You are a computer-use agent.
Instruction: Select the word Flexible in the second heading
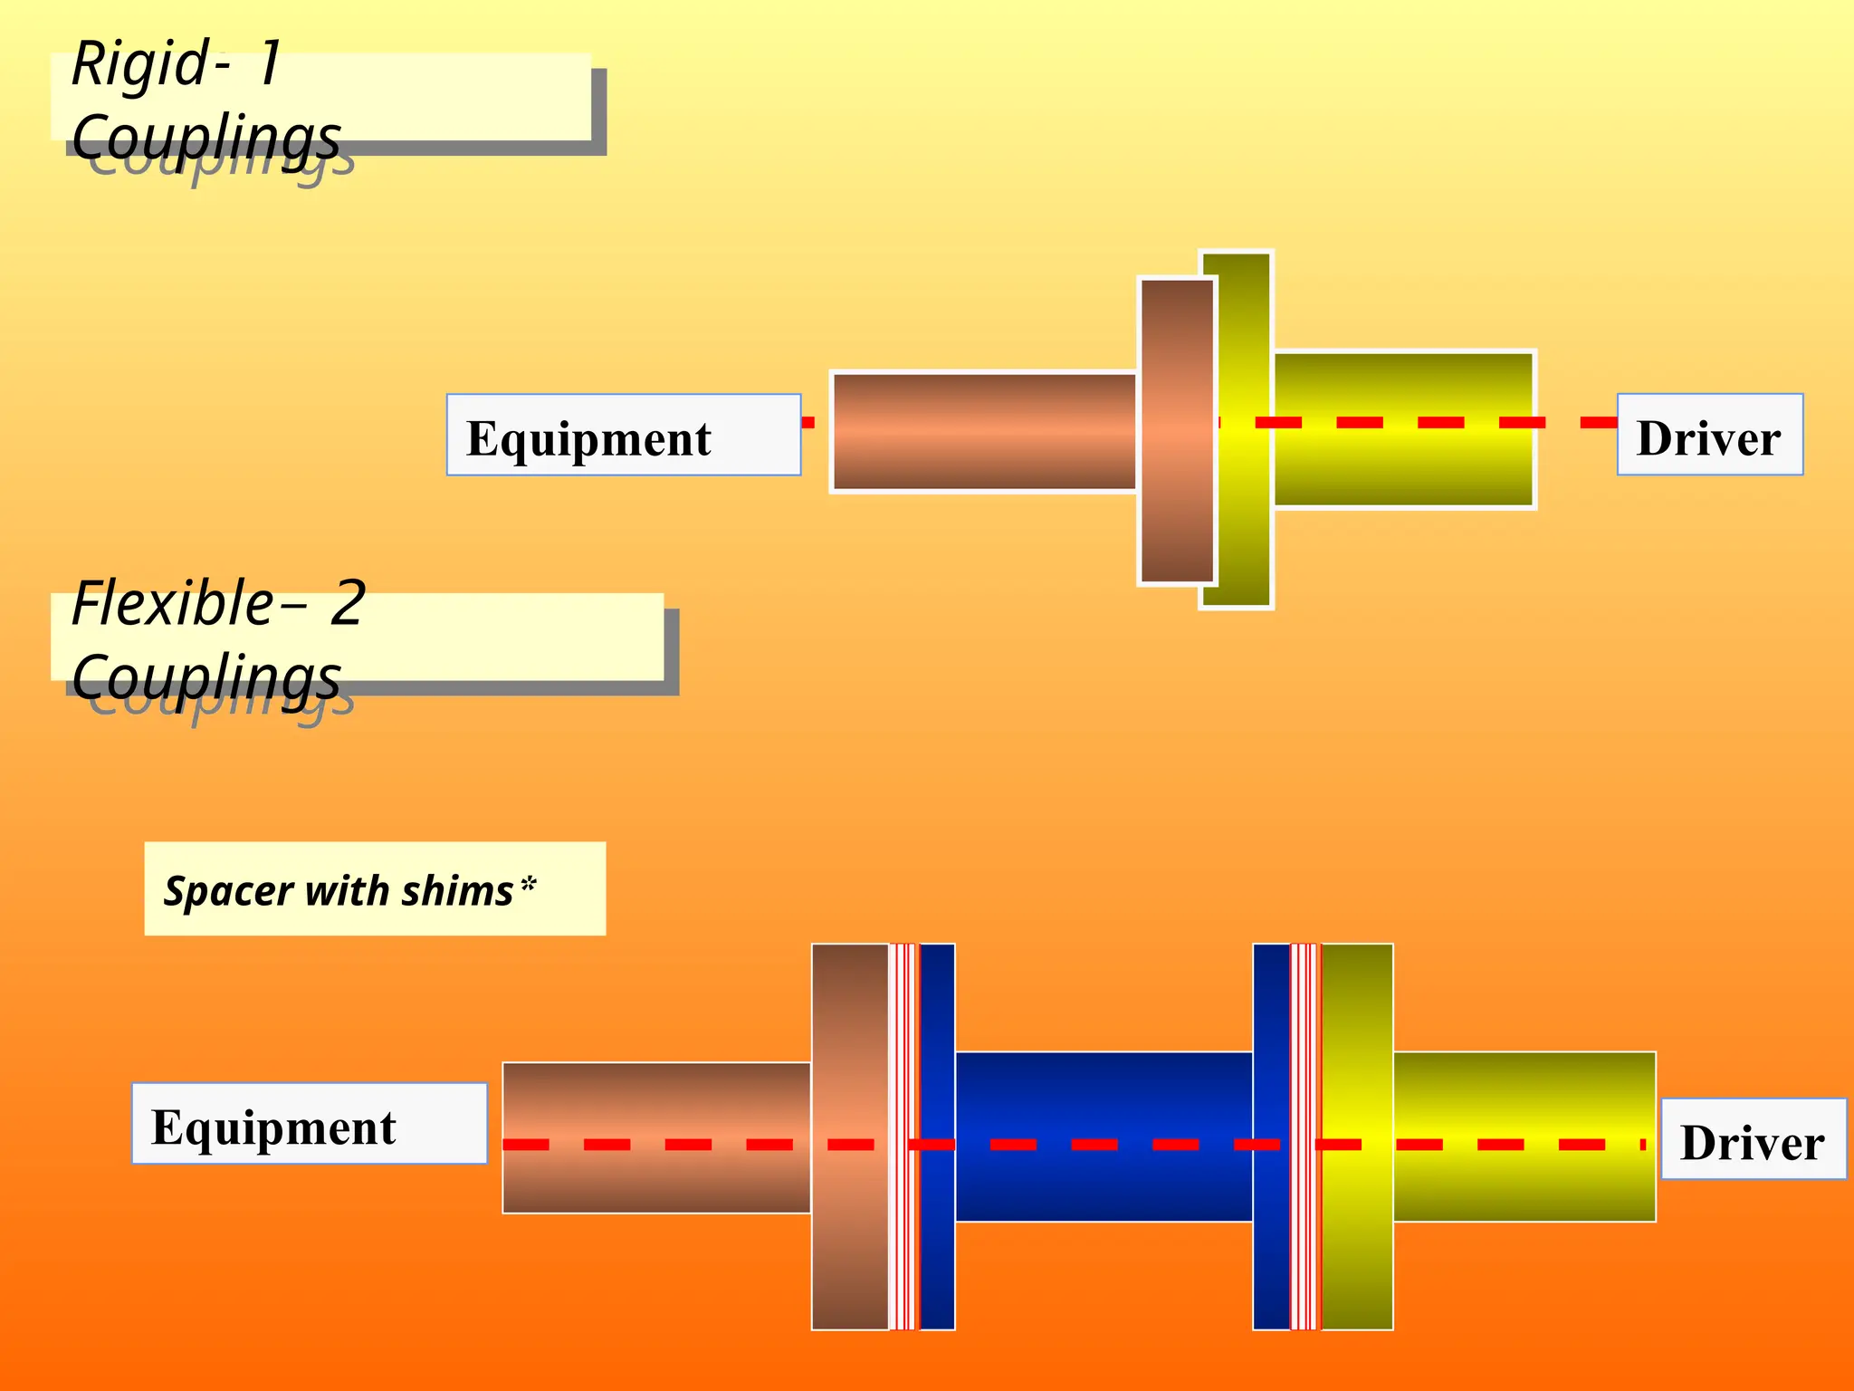tap(172, 604)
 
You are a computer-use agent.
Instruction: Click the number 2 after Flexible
tap(348, 604)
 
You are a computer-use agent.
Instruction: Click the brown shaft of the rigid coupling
tap(983, 432)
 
